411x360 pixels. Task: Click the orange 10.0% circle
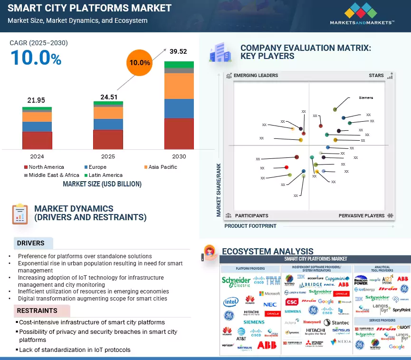click(x=140, y=62)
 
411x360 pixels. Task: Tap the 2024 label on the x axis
click(x=37, y=156)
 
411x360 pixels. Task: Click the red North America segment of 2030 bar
click(x=179, y=134)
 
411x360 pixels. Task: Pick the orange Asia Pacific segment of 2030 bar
click(x=179, y=86)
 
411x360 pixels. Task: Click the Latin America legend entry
click(x=103, y=175)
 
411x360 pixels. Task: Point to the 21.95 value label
click(x=37, y=100)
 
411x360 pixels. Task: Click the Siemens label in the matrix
click(x=366, y=98)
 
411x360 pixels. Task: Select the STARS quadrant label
click(x=376, y=76)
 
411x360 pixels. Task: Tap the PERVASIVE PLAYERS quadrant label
click(x=361, y=215)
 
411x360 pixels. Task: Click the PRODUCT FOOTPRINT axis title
click(x=250, y=226)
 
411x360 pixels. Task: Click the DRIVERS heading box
click(x=31, y=243)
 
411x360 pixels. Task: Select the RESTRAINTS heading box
click(x=37, y=311)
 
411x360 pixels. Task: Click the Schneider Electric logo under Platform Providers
click(x=236, y=282)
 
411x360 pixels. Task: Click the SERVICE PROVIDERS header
click(x=382, y=321)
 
